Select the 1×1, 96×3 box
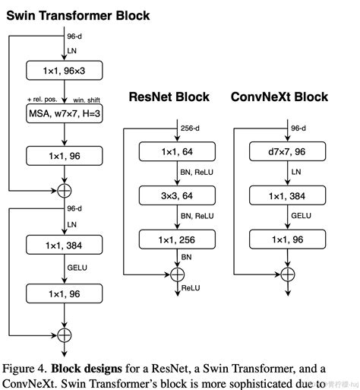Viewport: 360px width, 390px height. click(x=65, y=71)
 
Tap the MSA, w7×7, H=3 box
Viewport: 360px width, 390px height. click(x=65, y=115)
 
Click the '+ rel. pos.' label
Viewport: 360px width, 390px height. click(x=43, y=99)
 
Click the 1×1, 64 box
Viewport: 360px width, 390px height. click(x=177, y=152)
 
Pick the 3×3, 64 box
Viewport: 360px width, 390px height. click(x=177, y=196)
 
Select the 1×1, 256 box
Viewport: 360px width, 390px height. click(x=177, y=240)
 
